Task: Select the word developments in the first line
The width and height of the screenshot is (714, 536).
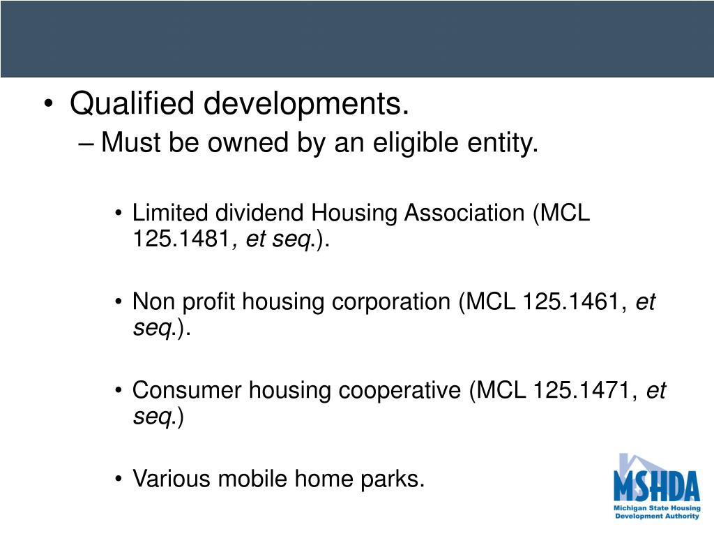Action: [x=305, y=105]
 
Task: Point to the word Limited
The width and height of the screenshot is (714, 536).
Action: [x=171, y=213]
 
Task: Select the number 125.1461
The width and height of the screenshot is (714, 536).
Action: [x=580, y=302]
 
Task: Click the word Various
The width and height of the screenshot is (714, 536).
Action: [x=172, y=479]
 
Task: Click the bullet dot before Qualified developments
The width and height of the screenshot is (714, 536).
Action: [x=48, y=106]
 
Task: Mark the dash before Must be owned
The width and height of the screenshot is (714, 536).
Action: [x=86, y=144]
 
